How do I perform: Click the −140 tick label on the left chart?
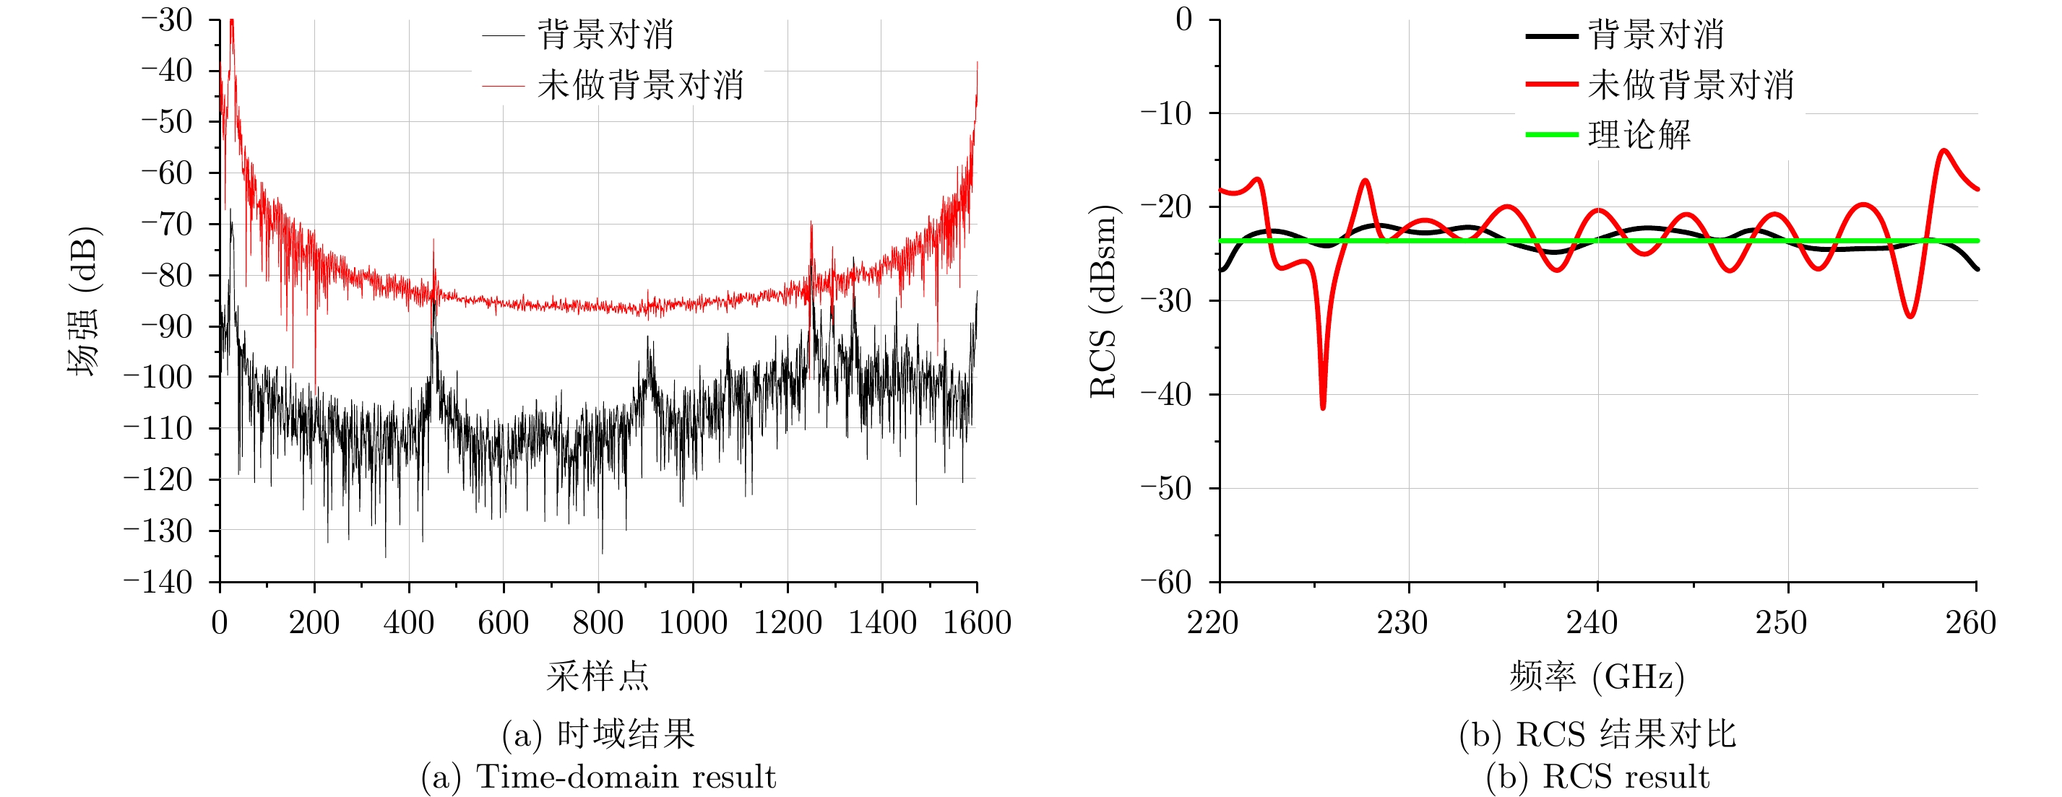158,582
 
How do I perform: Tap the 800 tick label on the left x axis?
598,622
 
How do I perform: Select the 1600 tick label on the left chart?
977,622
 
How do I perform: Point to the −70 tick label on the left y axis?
168,224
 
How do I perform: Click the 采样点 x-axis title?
598,677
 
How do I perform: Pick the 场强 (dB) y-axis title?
83,301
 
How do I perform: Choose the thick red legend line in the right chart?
1551,84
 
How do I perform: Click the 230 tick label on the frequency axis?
1402,622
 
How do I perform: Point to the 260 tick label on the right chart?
1970,622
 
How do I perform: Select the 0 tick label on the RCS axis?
1184,19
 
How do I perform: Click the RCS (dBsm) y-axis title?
1104,301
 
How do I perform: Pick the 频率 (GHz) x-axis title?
1597,677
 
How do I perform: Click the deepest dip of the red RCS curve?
1322,407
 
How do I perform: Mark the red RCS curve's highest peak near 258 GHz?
1943,150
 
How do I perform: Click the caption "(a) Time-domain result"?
598,777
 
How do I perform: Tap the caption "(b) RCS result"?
1597,777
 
